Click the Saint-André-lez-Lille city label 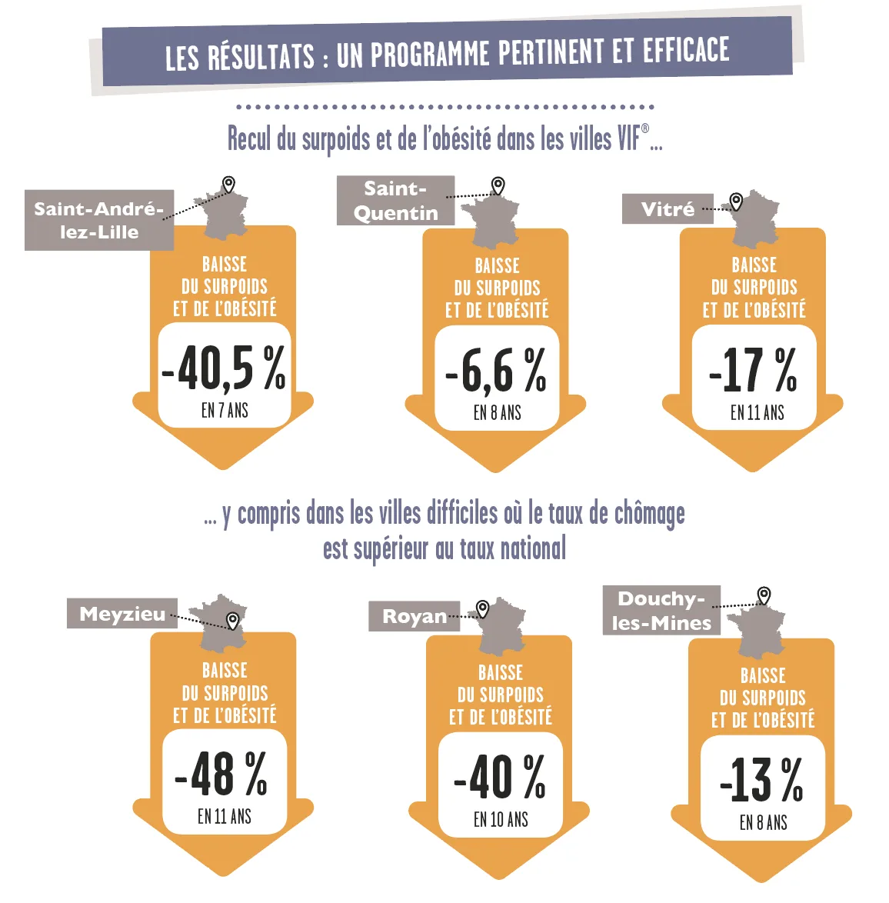pos(99,220)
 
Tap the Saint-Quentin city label pos(395,201)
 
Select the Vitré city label pos(668,209)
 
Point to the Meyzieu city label pos(122,613)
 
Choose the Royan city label pos(414,616)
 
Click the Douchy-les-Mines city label pos(661,611)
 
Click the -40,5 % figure pos(224,368)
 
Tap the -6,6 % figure pos(496,372)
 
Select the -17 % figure pos(754,370)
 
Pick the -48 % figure pos(221,775)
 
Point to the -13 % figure pos(761,780)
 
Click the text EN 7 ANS pos(225,411)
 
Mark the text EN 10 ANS pos(501,819)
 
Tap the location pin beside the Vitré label pos(736,202)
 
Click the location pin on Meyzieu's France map pos(232,621)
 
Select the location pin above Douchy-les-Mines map pos(764,595)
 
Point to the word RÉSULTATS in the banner pos(261,56)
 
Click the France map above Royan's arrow pos(501,627)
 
